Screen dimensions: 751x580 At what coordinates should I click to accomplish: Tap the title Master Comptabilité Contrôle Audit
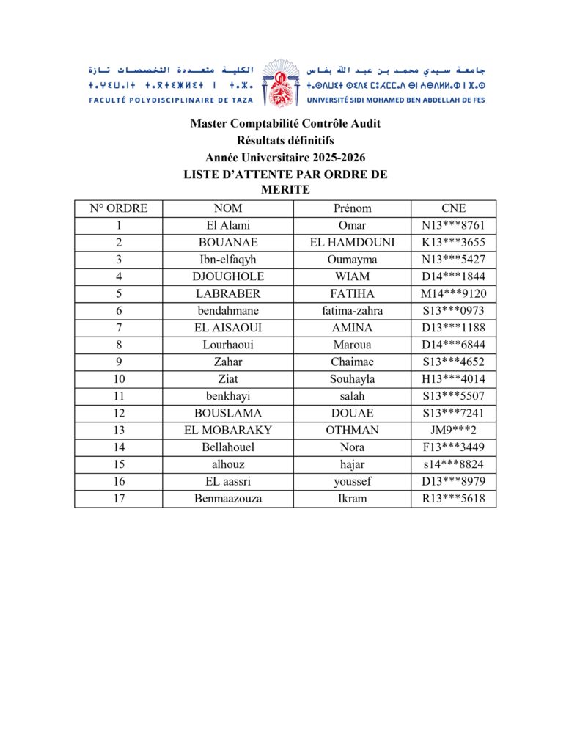coord(285,124)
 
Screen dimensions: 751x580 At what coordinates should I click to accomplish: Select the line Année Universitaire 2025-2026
coord(285,157)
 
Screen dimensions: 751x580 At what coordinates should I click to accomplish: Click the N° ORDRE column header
coord(118,208)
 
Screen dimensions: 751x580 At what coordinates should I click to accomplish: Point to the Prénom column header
coord(352,208)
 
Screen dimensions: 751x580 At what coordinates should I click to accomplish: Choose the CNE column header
coord(453,208)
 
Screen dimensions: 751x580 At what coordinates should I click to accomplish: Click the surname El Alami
coord(228,225)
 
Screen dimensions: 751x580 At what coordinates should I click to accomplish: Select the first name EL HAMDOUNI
coord(352,242)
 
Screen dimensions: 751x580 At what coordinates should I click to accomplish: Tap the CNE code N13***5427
coord(453,260)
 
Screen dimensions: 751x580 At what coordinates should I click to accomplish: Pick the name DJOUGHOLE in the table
coord(228,276)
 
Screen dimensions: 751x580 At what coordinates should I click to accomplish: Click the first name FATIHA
coord(352,293)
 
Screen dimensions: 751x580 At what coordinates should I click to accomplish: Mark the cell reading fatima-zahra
coord(352,310)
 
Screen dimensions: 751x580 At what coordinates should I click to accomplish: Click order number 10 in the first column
coord(118,379)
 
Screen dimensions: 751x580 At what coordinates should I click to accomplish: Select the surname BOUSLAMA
coord(228,413)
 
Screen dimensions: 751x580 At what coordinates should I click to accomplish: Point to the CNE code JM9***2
coord(453,431)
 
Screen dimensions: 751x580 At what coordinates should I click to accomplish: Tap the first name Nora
coord(352,447)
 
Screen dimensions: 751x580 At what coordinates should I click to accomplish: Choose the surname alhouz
coord(228,464)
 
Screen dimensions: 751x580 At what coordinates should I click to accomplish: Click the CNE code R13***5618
coord(453,499)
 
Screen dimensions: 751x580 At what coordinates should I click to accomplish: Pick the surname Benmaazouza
coord(228,499)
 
